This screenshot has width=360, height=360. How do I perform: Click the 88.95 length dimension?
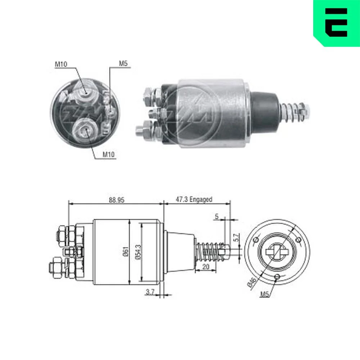[116, 200]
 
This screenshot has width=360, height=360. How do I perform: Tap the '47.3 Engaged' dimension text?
[194, 199]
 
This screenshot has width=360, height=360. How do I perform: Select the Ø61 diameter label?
[126, 252]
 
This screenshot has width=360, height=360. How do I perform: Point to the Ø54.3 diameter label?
[139, 252]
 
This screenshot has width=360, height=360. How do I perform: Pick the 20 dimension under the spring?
[206, 266]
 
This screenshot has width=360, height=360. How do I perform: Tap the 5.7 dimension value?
[237, 237]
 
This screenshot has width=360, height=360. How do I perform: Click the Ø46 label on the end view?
[252, 282]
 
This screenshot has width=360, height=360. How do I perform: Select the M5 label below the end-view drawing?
[265, 294]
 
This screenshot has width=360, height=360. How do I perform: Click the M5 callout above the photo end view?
[123, 64]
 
